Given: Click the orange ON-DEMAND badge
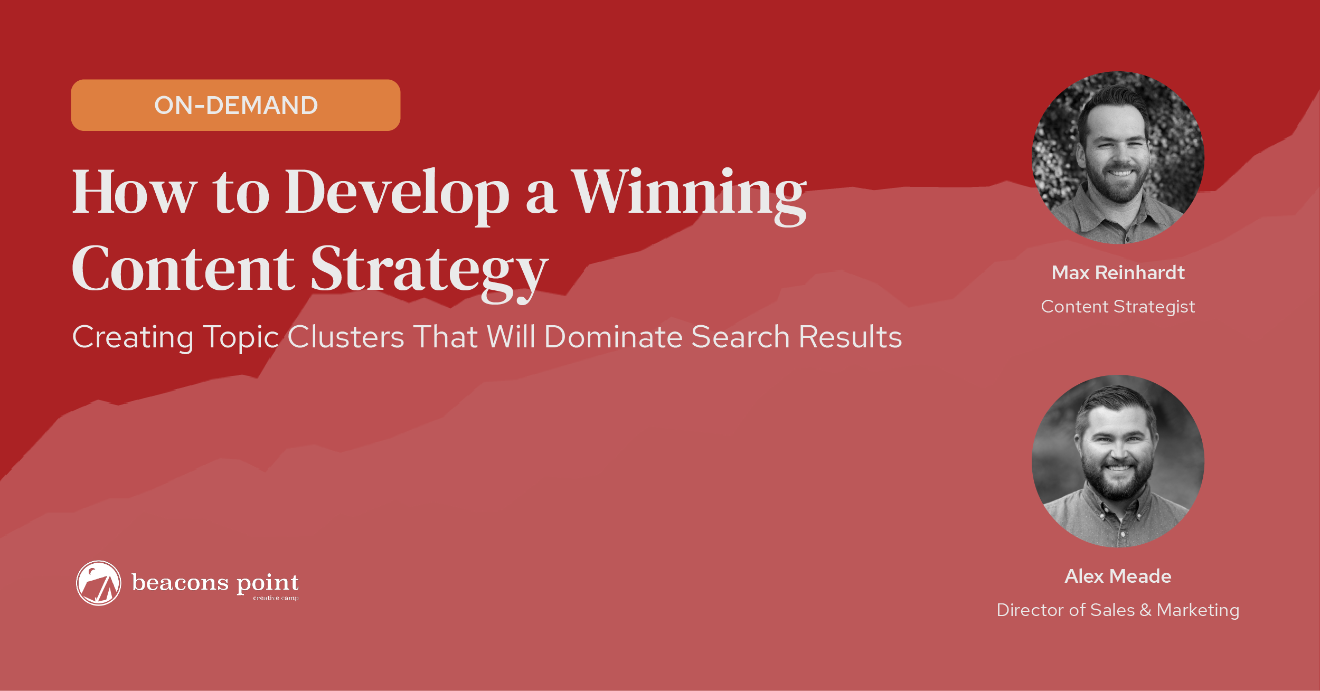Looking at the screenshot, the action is click(x=235, y=105).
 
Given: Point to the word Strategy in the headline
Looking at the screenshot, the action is click(x=429, y=273).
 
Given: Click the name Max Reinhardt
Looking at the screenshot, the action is click(x=1118, y=273).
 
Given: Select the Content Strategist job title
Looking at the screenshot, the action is click(x=1118, y=307).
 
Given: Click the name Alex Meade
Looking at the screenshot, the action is click(x=1118, y=576).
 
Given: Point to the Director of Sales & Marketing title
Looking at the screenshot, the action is click(x=1118, y=610).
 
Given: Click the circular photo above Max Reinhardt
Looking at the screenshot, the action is click(x=1118, y=157).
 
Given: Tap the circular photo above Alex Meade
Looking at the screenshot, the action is click(x=1118, y=461).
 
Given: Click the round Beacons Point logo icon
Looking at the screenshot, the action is click(x=99, y=583).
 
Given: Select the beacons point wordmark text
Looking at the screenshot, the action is click(x=215, y=583).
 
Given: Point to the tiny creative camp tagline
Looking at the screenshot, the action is click(x=276, y=598).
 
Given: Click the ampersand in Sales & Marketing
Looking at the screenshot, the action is click(x=1145, y=610).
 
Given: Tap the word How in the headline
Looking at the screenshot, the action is click(x=135, y=192).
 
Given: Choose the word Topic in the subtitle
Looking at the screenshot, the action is click(x=241, y=338).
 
